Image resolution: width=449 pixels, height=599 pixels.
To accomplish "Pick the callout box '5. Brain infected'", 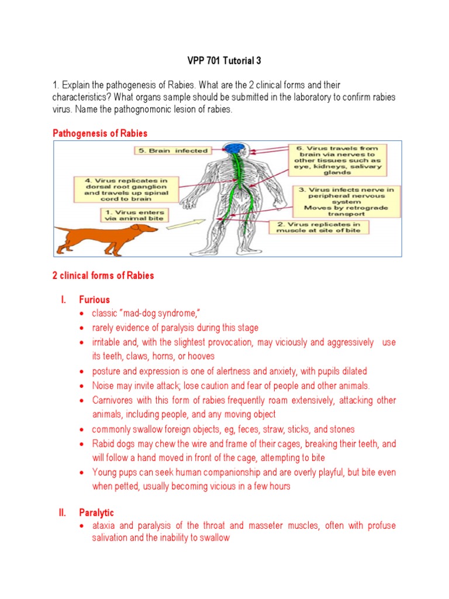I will pos(172,151).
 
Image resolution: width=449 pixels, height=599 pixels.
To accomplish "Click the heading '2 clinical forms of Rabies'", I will pos(103,276).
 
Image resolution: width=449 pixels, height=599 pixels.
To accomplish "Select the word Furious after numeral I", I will pos(95,299).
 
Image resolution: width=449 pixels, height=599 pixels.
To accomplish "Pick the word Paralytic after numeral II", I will pos(96,513).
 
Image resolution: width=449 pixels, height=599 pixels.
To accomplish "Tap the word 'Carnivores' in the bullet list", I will pos(113,400).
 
